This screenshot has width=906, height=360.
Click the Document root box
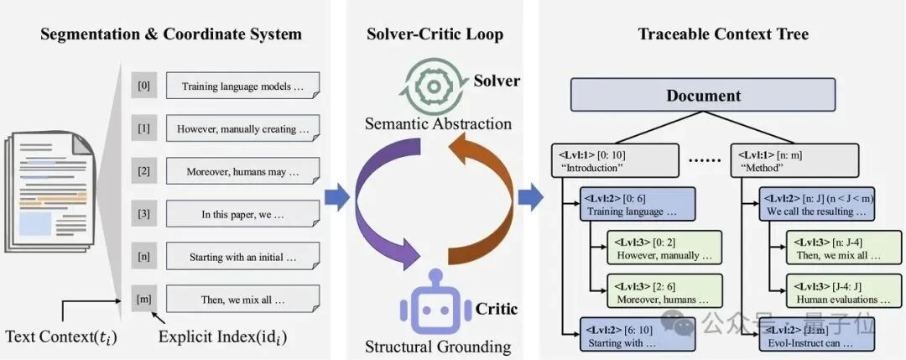pyautogui.click(x=703, y=95)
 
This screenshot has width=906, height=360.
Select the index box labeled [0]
pyautogui.click(x=143, y=85)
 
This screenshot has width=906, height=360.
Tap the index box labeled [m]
pyautogui.click(x=143, y=298)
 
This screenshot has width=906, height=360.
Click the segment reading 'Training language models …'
pyautogui.click(x=242, y=86)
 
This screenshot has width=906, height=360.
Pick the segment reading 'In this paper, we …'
pyautogui.click(x=242, y=213)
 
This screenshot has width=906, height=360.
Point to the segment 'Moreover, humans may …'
pyautogui.click(x=242, y=171)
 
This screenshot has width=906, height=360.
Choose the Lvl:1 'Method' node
pyautogui.click(x=796, y=159)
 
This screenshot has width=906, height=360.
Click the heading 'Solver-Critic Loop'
pyautogui.click(x=435, y=34)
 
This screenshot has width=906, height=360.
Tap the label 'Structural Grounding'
pyautogui.click(x=437, y=346)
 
